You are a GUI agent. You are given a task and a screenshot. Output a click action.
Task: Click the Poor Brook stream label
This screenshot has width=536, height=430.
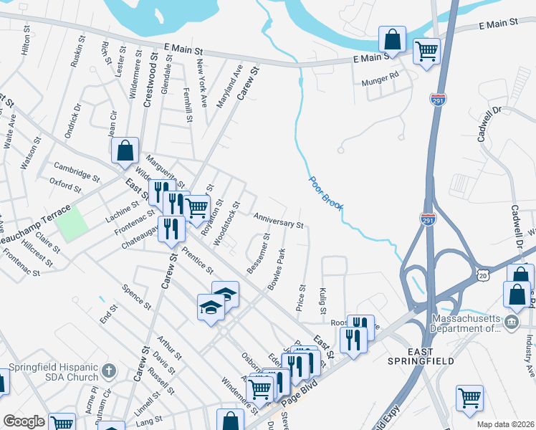pos(326,193)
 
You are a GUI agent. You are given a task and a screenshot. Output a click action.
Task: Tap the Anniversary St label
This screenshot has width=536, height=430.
pos(279,219)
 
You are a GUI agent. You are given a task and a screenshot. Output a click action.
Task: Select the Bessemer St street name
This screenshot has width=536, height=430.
pos(258,253)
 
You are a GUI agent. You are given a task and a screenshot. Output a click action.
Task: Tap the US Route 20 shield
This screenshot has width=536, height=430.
pos(482,275)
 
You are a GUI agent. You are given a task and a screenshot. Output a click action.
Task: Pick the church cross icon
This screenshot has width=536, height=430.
pos(108,371)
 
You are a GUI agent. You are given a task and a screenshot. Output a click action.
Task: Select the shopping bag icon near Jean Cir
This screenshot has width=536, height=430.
pos(125,150)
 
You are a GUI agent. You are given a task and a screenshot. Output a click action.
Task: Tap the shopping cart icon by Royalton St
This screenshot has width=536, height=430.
pos(196,207)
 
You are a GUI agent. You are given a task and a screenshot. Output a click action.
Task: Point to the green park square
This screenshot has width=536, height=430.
pos(72,224)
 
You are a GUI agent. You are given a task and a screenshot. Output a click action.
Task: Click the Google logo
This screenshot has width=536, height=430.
pos(24,421)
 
